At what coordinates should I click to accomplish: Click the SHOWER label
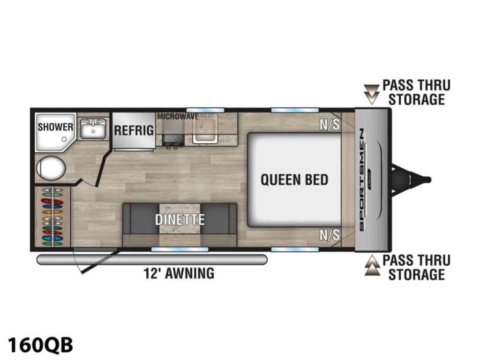tap(55, 127)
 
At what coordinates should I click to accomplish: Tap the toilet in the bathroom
tap(51, 168)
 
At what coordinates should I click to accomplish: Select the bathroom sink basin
tap(93, 128)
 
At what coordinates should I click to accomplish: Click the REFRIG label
tap(134, 130)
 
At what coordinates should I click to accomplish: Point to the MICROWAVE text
tap(178, 116)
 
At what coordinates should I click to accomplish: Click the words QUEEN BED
tap(294, 180)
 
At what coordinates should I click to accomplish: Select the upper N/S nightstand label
tap(330, 125)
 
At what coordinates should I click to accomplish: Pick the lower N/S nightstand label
tap(330, 235)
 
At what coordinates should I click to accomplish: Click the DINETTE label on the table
tap(180, 219)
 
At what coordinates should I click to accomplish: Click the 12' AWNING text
tap(179, 273)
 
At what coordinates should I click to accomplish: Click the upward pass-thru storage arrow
tap(372, 265)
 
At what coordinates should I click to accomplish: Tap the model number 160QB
tap(40, 345)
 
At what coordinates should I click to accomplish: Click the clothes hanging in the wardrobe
tap(52, 217)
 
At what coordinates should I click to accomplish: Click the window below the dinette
tap(180, 249)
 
